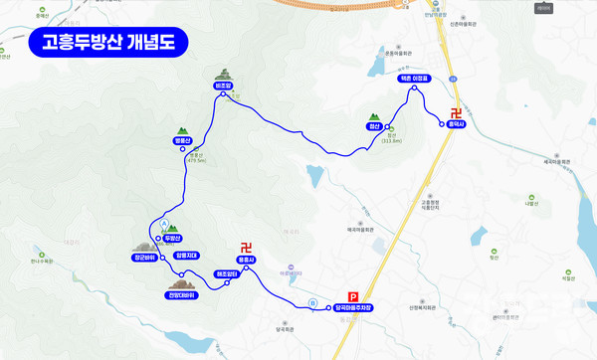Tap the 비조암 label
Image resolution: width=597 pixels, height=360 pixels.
click(222, 86)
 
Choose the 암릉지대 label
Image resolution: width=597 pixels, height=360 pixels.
click(187, 255)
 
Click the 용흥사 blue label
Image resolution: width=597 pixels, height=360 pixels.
click(247, 261)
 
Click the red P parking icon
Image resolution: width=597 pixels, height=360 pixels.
click(352, 295)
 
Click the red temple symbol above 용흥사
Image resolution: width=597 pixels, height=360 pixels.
click(247, 248)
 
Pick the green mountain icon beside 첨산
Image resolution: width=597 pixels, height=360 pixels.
click(374, 115)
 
